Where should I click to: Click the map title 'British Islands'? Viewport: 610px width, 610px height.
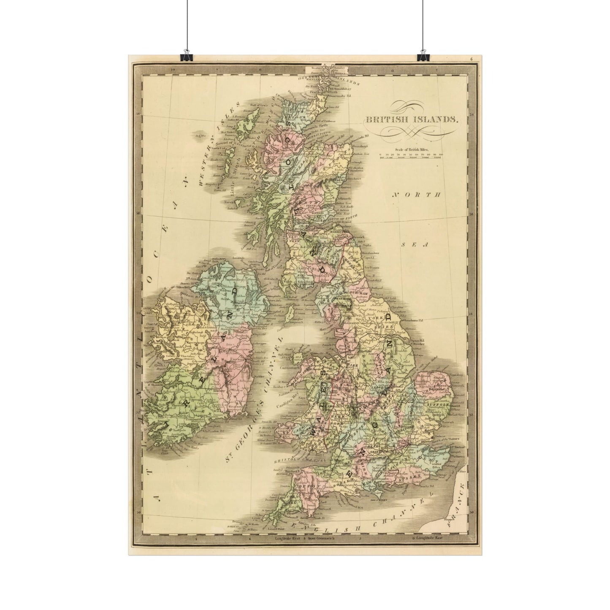pyautogui.click(x=411, y=119)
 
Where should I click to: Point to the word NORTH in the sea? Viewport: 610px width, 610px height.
pyautogui.click(x=416, y=195)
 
